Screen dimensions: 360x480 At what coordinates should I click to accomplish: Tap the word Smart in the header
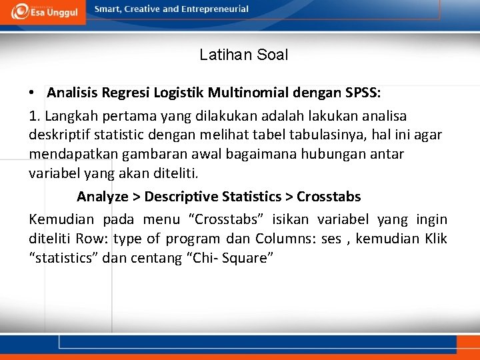(108, 9)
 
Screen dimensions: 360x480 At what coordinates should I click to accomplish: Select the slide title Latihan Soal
(243, 55)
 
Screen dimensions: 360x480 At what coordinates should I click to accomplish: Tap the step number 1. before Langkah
(35, 116)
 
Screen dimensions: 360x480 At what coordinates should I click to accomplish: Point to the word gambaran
(141, 154)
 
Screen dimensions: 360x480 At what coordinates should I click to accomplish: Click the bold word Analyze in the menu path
(103, 197)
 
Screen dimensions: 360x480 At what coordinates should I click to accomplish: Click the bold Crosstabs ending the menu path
(329, 197)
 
